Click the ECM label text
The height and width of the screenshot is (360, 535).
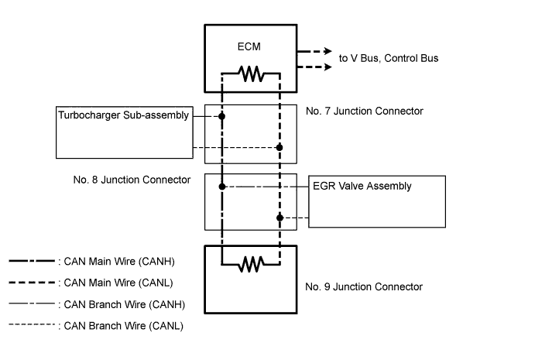click(x=249, y=46)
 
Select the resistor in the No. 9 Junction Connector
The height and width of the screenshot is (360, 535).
click(x=250, y=266)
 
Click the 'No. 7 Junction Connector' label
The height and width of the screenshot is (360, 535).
click(x=364, y=111)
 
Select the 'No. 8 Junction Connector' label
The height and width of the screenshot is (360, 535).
click(x=131, y=180)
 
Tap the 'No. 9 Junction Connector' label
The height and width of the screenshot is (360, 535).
click(x=364, y=286)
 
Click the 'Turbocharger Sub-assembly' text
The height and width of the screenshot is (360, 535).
click(x=124, y=116)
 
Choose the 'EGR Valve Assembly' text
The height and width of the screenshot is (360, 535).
click(x=362, y=186)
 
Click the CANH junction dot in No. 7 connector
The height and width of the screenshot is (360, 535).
click(x=221, y=117)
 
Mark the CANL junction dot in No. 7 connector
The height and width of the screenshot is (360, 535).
click(x=280, y=147)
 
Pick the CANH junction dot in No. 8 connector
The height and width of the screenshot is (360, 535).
click(x=221, y=187)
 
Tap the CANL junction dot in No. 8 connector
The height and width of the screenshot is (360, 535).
click(x=280, y=218)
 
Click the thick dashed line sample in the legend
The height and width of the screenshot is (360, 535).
click(x=32, y=283)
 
